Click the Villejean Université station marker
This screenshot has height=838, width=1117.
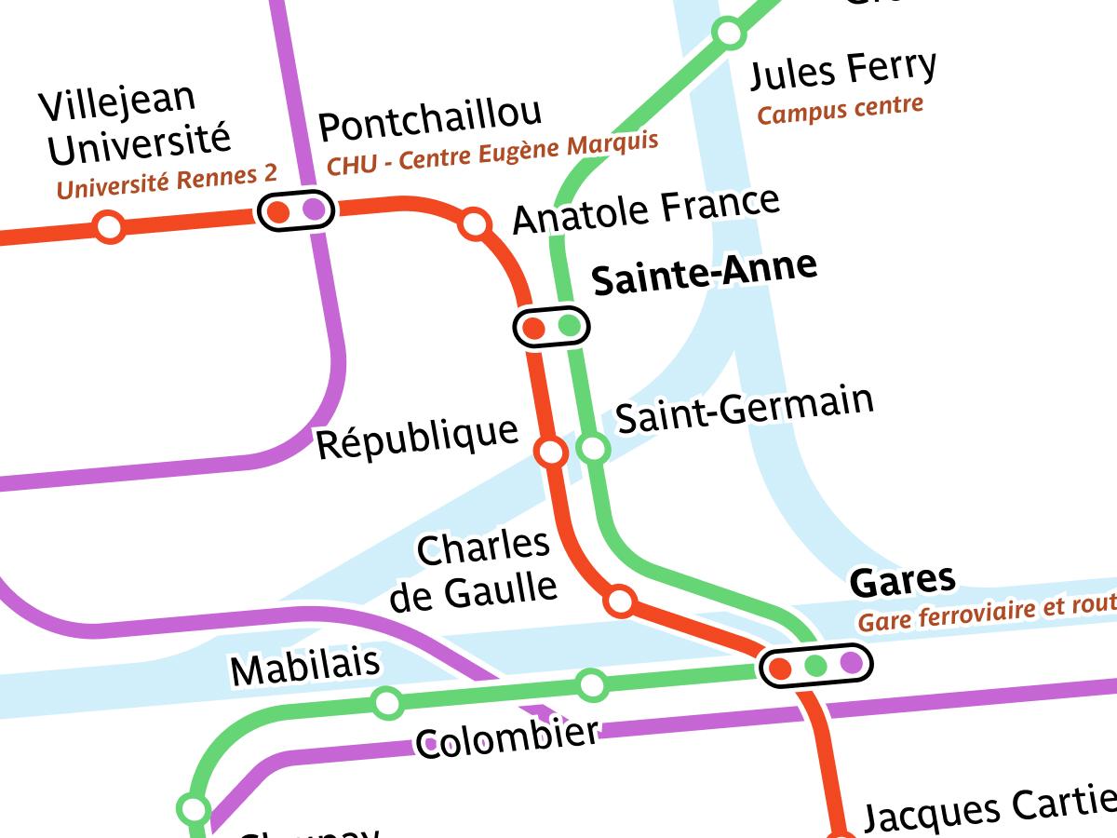point(110,226)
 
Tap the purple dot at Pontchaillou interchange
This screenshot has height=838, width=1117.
point(314,209)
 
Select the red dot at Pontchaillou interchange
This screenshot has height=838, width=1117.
point(277,211)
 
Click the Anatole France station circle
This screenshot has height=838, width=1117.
point(476,224)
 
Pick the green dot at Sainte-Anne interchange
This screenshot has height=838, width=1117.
point(569,326)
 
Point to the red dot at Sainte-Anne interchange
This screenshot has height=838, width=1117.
point(534,328)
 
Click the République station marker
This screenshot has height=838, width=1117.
point(551,453)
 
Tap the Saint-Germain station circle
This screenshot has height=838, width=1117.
point(593,449)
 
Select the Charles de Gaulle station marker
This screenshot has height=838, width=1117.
point(620,601)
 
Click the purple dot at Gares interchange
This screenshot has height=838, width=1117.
point(851,663)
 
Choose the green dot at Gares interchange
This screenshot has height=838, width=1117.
point(815,665)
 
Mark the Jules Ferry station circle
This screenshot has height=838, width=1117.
point(728,34)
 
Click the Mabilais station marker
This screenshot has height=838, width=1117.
point(387,702)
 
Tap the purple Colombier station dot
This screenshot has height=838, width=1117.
point(431,744)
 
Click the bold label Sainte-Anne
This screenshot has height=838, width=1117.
point(705,273)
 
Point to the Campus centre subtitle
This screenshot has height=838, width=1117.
point(840,109)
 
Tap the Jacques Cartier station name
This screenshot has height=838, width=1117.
point(987,808)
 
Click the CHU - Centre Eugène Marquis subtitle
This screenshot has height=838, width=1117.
point(492,153)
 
